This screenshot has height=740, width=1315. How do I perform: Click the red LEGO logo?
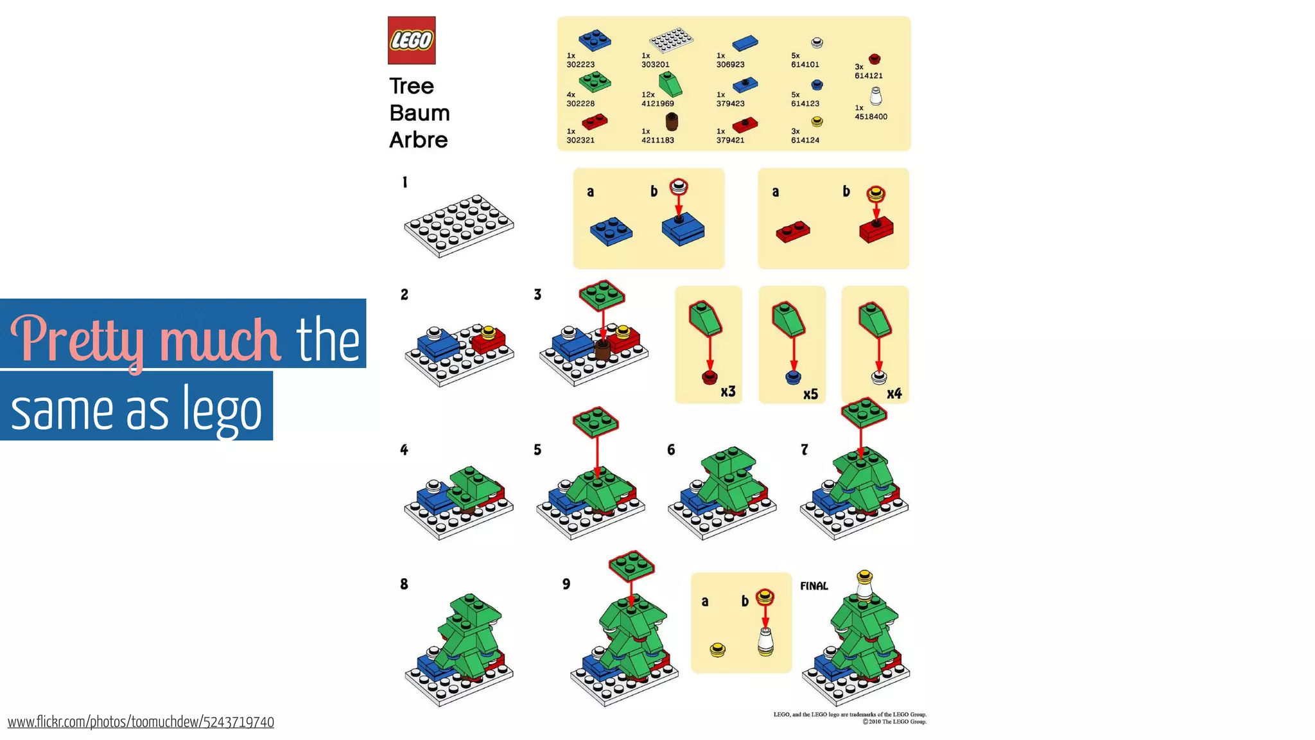pos(412,40)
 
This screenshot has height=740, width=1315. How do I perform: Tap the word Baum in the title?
pos(419,113)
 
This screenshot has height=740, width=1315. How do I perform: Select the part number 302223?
pos(580,65)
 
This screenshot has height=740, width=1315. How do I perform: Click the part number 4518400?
pos(871,117)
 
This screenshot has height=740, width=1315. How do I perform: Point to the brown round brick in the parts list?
pos(672,121)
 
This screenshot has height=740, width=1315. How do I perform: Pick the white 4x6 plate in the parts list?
pos(671,40)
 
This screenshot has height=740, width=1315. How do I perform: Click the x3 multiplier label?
pos(727,392)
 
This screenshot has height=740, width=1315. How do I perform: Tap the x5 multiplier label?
pos(810,394)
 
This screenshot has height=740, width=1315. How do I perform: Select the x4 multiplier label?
pos(894,394)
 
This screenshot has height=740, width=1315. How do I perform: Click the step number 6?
pos(671,450)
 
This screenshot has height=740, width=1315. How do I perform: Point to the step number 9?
pos(566,584)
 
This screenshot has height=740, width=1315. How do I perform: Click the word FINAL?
pos(814,586)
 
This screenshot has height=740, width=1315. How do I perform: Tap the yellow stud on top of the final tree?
pos(865,575)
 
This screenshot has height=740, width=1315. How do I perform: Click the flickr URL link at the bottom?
pos(141,722)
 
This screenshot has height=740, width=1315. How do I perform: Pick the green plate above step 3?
pos(602,295)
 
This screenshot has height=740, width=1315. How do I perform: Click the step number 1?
pos(405,182)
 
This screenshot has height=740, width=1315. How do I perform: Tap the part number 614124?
pos(805,140)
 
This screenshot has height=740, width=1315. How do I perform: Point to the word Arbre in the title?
pos(418,140)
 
